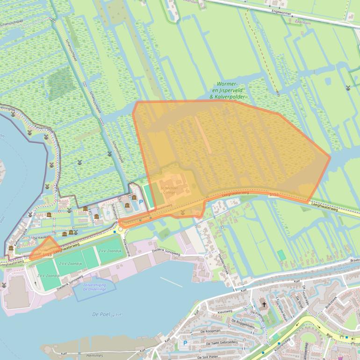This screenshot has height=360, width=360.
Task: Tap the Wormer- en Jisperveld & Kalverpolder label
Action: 228,91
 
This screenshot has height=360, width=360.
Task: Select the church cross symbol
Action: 264,304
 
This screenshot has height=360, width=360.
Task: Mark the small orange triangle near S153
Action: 44,247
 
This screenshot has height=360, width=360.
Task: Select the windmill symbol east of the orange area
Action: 348,87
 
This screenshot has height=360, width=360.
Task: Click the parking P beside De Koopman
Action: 185,343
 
